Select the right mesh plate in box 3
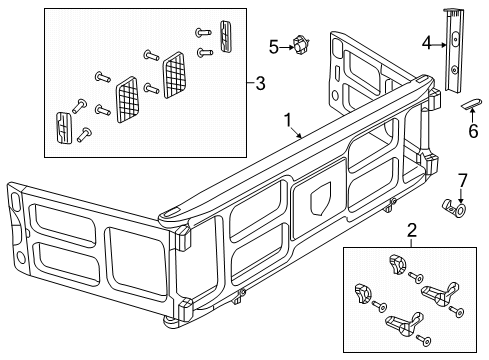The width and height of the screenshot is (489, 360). click(x=176, y=67)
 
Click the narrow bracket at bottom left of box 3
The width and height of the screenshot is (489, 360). click(x=63, y=126)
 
